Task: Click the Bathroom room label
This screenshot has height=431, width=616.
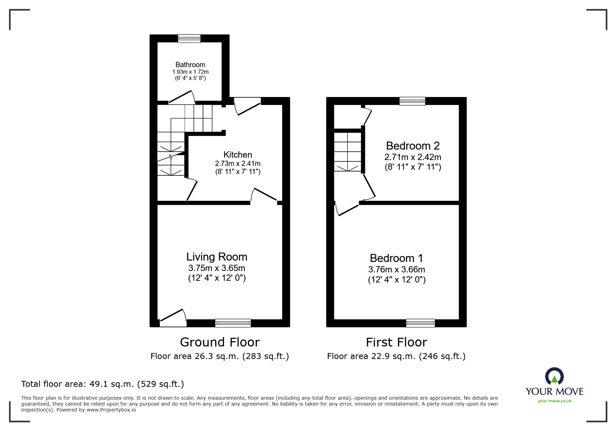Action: click(x=190, y=65)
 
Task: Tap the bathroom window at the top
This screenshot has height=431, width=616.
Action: click(x=189, y=39)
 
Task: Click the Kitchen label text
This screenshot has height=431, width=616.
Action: click(x=238, y=154)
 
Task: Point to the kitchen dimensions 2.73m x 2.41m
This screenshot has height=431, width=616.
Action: click(x=238, y=163)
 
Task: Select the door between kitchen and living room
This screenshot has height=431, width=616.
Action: click(x=264, y=195)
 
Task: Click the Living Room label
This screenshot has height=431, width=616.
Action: click(x=217, y=257)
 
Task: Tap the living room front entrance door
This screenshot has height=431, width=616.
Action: click(x=173, y=317)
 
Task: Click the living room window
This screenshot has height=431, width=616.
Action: click(x=233, y=323)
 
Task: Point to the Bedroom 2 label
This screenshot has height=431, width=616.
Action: click(x=413, y=145)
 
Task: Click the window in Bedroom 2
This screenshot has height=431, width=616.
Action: click(x=412, y=101)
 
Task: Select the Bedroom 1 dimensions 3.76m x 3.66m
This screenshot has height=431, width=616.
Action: click(x=397, y=270)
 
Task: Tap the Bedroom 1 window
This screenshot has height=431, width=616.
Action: click(x=420, y=323)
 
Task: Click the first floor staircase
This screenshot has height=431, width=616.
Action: click(x=347, y=152)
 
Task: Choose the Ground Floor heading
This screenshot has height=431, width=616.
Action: click(x=220, y=342)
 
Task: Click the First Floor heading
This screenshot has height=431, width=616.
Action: click(x=396, y=342)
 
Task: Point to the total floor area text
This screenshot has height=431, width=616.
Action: click(x=103, y=384)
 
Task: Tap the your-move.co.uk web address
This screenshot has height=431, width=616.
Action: click(x=554, y=401)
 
